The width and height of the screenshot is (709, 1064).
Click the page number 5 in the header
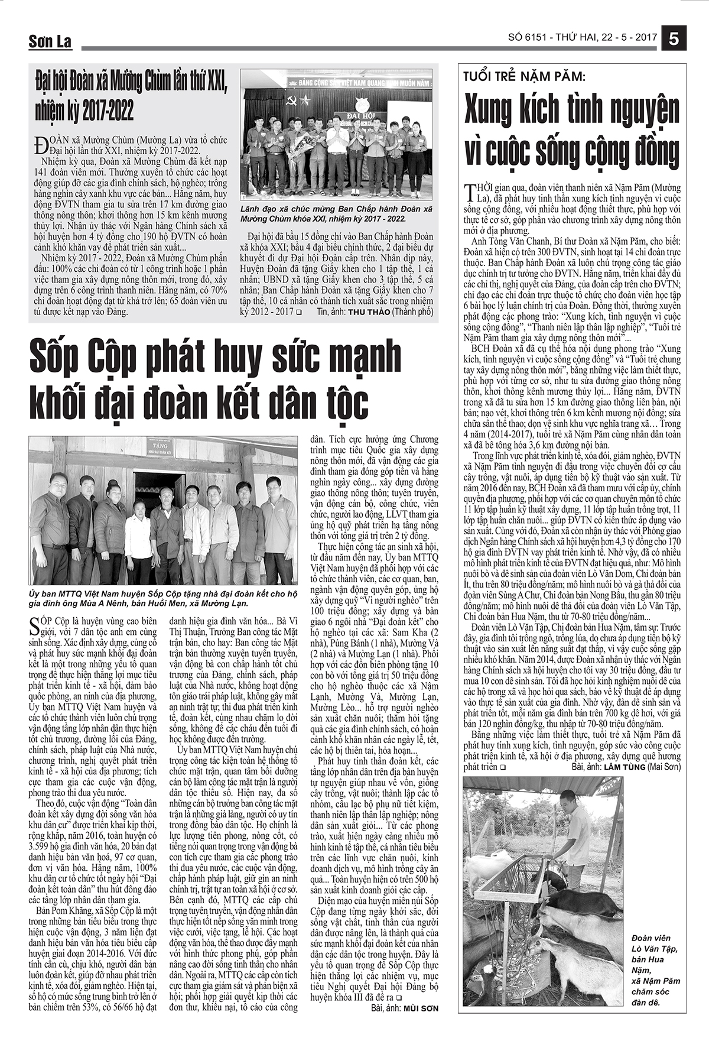point(674,37)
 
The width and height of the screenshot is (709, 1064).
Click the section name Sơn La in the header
point(50,41)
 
